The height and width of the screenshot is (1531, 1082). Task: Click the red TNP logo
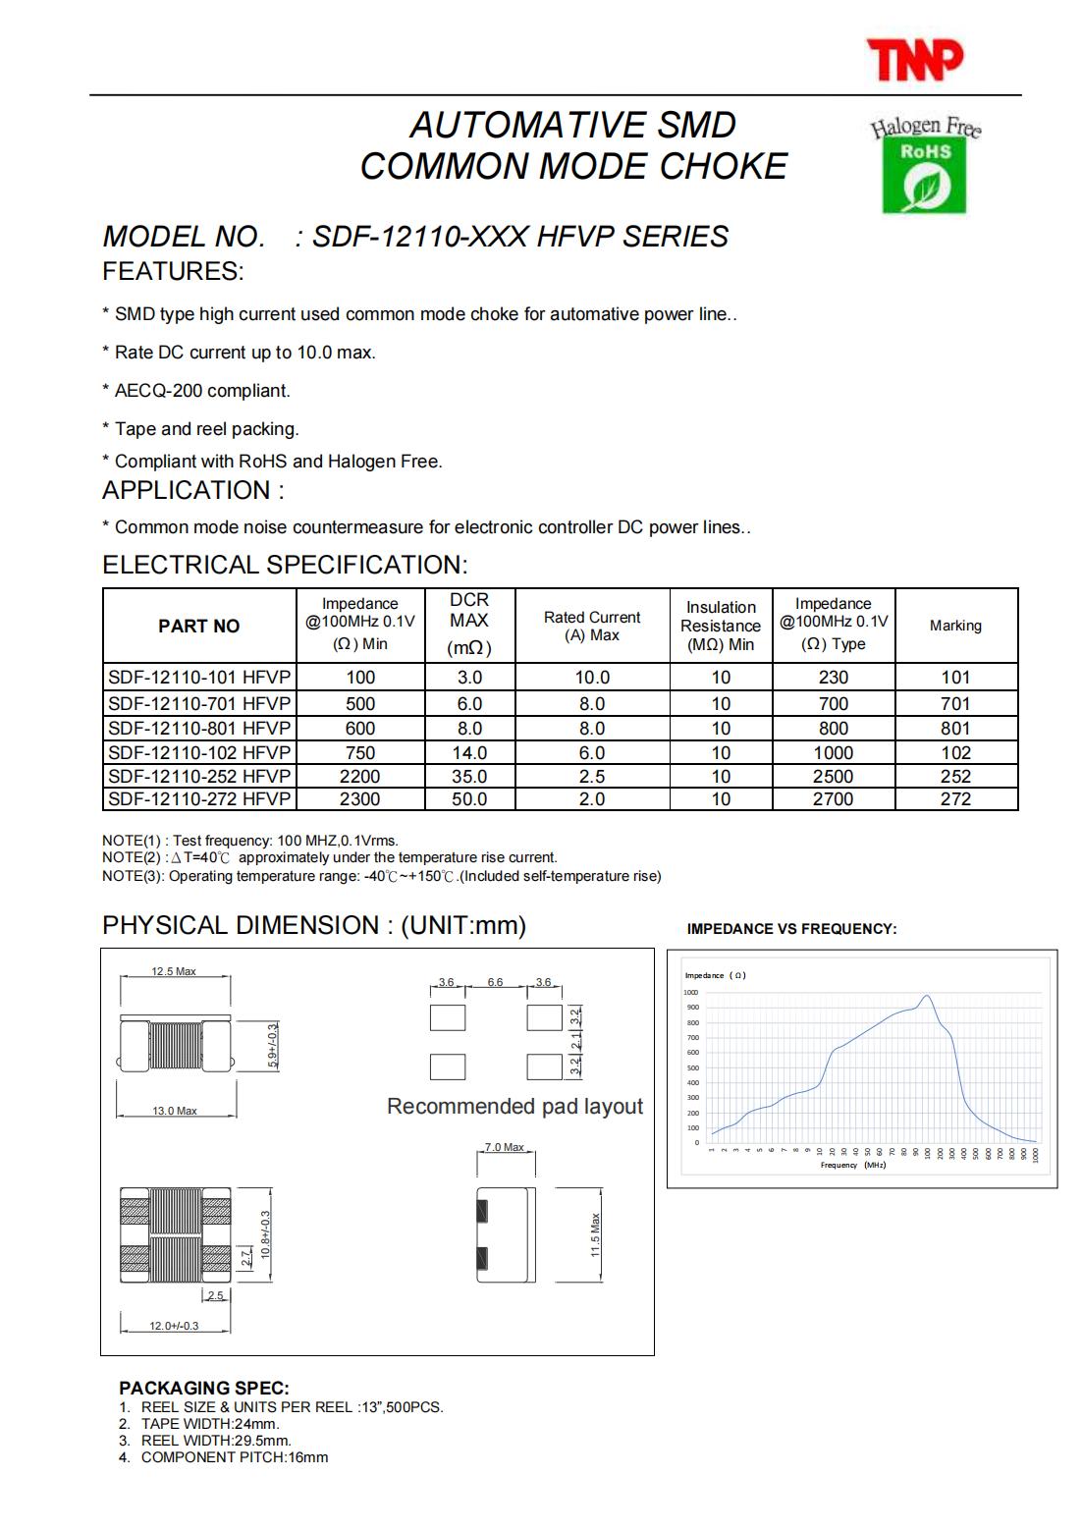tap(914, 59)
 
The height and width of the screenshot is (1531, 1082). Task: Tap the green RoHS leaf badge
tap(924, 176)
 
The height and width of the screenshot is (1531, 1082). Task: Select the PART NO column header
tap(199, 626)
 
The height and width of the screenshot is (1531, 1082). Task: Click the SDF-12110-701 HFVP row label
tap(199, 703)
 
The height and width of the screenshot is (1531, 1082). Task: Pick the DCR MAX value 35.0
tap(469, 776)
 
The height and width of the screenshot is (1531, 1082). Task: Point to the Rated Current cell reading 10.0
tap(592, 678)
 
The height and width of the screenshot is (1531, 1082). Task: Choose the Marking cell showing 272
tap(955, 799)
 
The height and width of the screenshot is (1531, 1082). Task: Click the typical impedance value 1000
tap(833, 752)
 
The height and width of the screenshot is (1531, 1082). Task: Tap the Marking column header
tap(955, 626)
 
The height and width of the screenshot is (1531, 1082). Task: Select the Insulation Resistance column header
tap(721, 626)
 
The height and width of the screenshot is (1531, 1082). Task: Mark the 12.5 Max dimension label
tap(174, 971)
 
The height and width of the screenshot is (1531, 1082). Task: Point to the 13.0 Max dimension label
tap(175, 1111)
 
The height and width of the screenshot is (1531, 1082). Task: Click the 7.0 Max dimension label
tap(505, 1147)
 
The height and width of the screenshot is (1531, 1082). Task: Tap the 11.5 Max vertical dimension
tap(595, 1234)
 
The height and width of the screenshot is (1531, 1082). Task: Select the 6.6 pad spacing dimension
tap(495, 982)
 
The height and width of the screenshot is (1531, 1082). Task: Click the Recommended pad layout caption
tap(514, 1107)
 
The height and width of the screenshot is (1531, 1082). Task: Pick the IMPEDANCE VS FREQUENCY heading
tap(791, 929)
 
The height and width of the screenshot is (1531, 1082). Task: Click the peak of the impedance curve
tap(926, 996)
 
